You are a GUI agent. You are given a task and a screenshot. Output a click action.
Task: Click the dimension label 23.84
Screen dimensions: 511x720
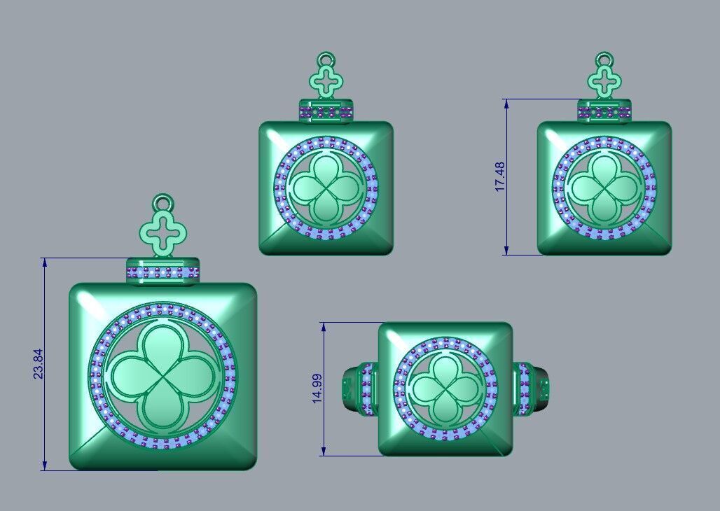click(x=38, y=365)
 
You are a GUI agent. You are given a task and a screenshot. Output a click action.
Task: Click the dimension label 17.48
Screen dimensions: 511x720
click(x=499, y=176)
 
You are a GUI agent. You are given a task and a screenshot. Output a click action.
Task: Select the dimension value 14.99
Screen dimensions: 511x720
click(x=317, y=388)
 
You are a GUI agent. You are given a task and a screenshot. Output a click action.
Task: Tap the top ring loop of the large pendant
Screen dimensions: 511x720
click(x=163, y=203)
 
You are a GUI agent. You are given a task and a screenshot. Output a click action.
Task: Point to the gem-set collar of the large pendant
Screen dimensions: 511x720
click(x=163, y=272)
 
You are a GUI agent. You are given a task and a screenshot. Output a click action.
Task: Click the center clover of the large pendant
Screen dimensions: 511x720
click(x=162, y=377)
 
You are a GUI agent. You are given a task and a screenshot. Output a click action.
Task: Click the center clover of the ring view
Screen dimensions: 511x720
click(x=446, y=388)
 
